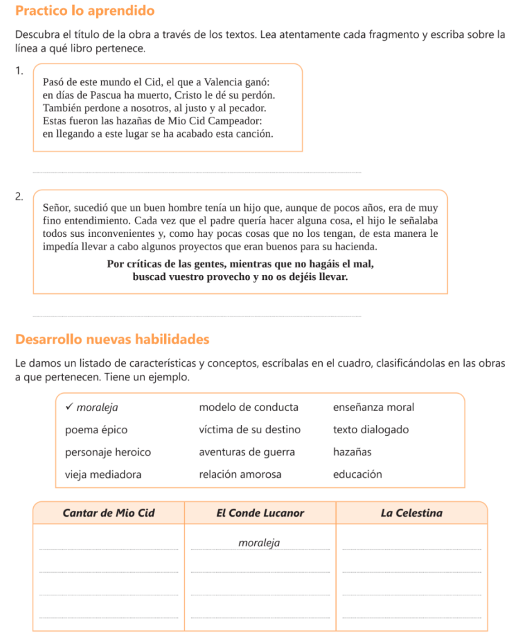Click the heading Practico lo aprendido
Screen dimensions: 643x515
click(x=85, y=11)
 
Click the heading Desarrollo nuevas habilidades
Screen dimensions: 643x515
click(x=112, y=339)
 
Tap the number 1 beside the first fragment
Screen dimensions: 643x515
click(x=20, y=70)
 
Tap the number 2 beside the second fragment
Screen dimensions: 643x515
click(x=20, y=197)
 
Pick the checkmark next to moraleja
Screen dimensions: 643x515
click(x=68, y=408)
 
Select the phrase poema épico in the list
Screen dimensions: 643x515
click(x=96, y=430)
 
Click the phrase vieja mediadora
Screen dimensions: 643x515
click(x=103, y=474)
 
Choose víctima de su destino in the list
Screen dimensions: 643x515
click(x=249, y=430)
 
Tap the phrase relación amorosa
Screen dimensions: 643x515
click(x=240, y=474)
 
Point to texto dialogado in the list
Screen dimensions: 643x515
click(x=371, y=430)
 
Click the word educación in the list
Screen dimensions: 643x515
click(x=357, y=474)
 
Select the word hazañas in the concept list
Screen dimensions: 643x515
click(x=352, y=451)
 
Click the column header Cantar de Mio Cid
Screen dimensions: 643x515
click(x=109, y=512)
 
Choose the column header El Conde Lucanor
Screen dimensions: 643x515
click(x=260, y=512)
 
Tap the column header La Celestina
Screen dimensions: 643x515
click(x=411, y=512)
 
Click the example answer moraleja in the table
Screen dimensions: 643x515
click(x=259, y=543)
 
